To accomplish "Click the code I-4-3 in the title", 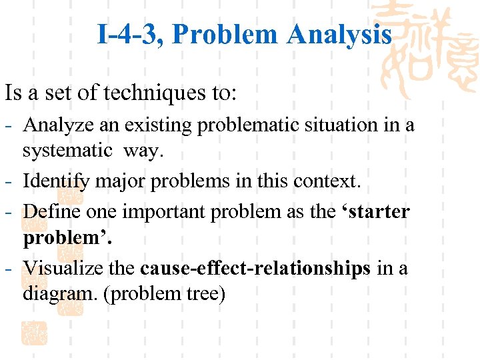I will [x=129, y=34].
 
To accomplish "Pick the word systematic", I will [x=67, y=151].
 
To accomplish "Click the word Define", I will [x=49, y=212].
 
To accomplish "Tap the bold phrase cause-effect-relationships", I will [x=256, y=268].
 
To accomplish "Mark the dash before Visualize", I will [x=11, y=269].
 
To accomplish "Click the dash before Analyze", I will [x=11, y=125].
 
